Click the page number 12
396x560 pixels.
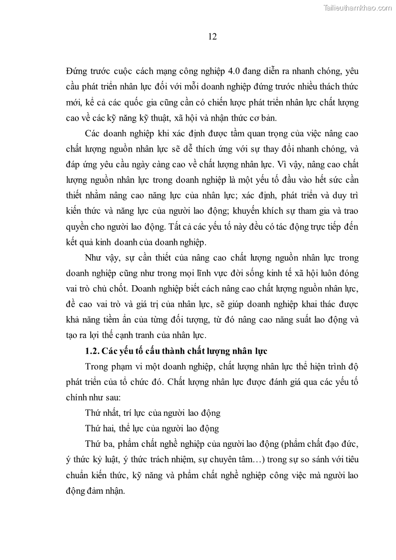point(198,36)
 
